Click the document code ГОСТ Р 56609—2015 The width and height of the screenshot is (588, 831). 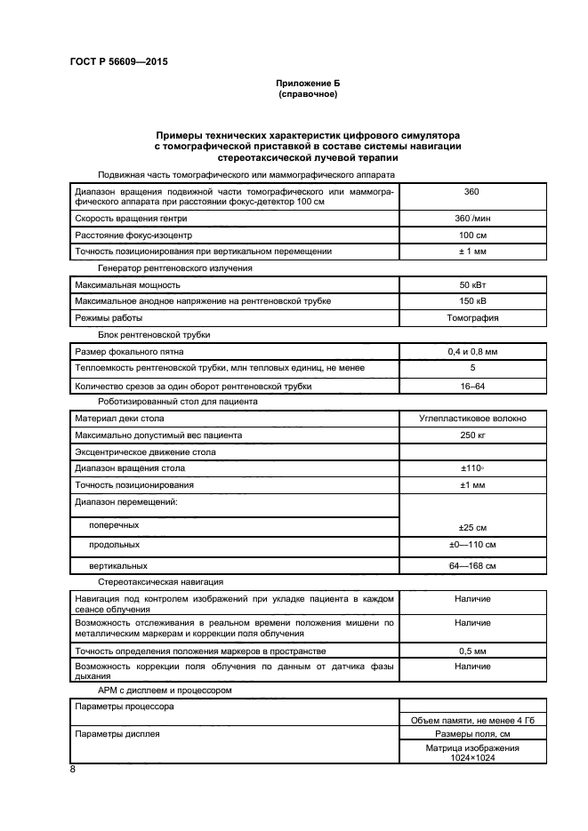(118, 62)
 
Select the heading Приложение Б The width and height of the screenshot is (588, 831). (308, 83)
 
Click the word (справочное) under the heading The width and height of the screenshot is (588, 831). (308, 93)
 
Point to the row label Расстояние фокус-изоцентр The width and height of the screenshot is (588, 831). (133, 236)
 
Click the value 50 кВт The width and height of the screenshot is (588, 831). (472, 285)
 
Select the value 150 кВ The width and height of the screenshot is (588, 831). (472, 301)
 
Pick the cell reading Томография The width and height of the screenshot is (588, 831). (472, 317)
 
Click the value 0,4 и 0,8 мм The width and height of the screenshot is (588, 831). (472, 352)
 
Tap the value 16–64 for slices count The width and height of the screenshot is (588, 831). (472, 386)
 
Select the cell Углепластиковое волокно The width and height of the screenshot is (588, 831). (472, 418)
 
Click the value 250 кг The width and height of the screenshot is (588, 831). (472, 435)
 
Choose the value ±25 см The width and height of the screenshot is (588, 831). (472, 526)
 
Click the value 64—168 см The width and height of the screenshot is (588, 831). (472, 565)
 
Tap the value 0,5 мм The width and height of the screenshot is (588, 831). (472, 651)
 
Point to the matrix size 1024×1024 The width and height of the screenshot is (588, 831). (472, 758)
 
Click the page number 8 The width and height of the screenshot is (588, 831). (73, 770)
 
